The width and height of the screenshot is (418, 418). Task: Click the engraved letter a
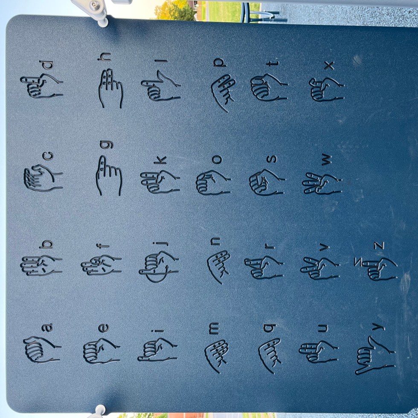(x=47, y=328)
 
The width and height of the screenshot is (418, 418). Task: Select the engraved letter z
(x=379, y=246)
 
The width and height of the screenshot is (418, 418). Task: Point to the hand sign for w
(x=322, y=184)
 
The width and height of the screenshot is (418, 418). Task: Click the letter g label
(x=106, y=145)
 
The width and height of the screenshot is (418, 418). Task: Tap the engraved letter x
(x=329, y=66)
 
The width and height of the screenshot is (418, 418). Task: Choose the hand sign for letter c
(x=43, y=178)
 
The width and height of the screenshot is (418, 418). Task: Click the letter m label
(x=214, y=328)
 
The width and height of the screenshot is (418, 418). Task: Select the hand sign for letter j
(x=159, y=267)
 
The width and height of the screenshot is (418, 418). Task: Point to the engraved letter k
(x=160, y=160)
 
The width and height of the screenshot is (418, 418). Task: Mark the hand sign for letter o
(x=213, y=183)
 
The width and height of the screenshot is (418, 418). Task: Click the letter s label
(x=272, y=159)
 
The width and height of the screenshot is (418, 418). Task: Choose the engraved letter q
(x=270, y=328)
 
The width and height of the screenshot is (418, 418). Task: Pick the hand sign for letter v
(x=320, y=268)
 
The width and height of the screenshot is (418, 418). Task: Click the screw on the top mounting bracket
(x=94, y=4)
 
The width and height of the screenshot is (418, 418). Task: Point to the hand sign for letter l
(x=161, y=86)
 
